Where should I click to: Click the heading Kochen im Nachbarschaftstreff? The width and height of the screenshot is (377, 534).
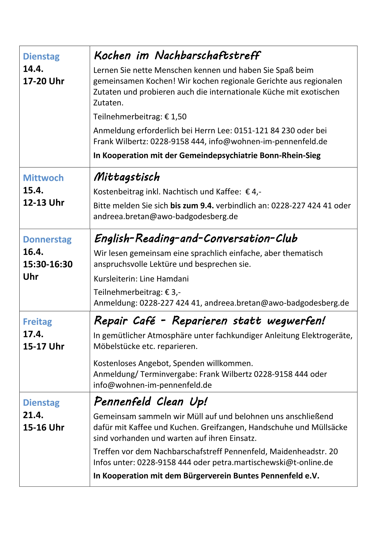pyautogui.click(x=177, y=56)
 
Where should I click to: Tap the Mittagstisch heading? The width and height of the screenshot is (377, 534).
pyautogui.click(x=127, y=177)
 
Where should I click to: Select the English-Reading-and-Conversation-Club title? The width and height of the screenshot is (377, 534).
pyautogui.click(x=196, y=239)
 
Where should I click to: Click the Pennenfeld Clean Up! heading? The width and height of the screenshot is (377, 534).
pyautogui.click(x=150, y=402)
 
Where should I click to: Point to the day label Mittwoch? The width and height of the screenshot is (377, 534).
pyautogui.click(x=43, y=178)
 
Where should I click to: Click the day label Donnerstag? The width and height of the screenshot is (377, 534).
pyautogui.click(x=47, y=240)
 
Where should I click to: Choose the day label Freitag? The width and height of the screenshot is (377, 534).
pyautogui.click(x=37, y=322)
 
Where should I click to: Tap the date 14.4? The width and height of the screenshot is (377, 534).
pyautogui.click(x=33, y=69)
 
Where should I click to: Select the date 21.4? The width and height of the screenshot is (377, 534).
pyautogui.click(x=33, y=415)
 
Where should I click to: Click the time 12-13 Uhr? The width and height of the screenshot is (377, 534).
pyautogui.click(x=44, y=203)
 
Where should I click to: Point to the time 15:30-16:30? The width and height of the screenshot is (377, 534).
pyautogui.click(x=48, y=264)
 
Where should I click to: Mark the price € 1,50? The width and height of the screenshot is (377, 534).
pyautogui.click(x=176, y=117)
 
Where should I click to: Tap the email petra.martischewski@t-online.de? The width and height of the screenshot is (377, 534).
pyautogui.click(x=272, y=462)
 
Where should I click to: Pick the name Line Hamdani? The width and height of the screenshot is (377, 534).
pyautogui.click(x=164, y=279)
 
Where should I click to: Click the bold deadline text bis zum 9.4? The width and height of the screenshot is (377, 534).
pyautogui.click(x=192, y=206)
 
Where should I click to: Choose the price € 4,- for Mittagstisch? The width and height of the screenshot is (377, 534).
pyautogui.click(x=253, y=192)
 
